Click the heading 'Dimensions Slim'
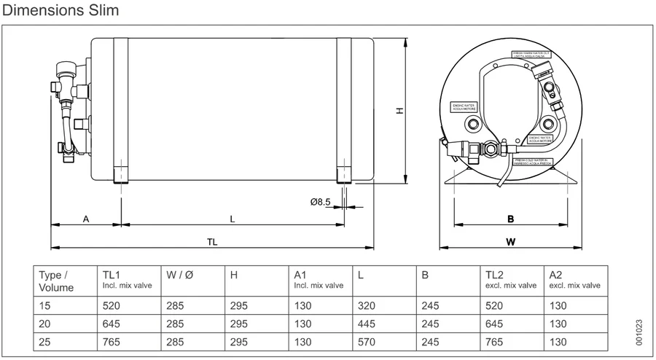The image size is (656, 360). [x=61, y=12]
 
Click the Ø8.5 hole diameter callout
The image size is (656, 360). [x=321, y=202]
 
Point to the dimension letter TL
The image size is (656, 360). [x=212, y=241]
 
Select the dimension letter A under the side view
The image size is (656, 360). [x=85, y=219]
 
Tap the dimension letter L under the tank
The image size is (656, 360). [x=233, y=219]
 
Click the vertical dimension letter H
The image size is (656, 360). [x=399, y=110]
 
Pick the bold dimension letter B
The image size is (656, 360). [x=511, y=219]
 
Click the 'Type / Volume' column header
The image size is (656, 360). [x=55, y=281]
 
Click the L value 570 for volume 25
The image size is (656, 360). [x=367, y=340]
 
